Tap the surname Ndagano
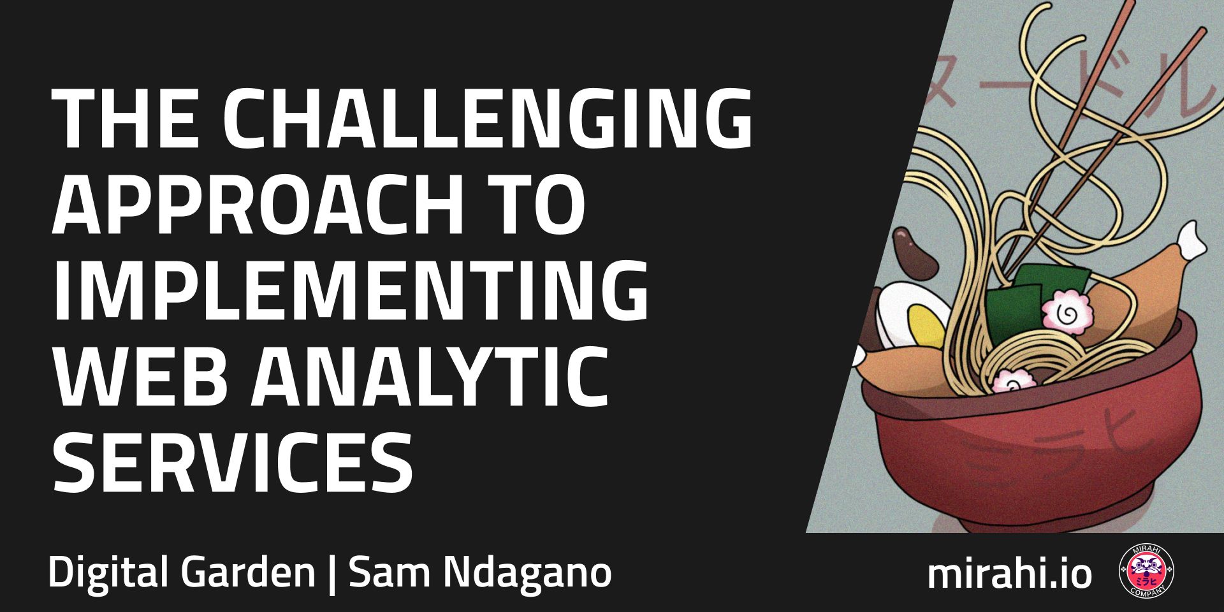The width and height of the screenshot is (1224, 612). coord(527,572)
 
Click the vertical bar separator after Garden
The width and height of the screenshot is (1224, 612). coord(331,574)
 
